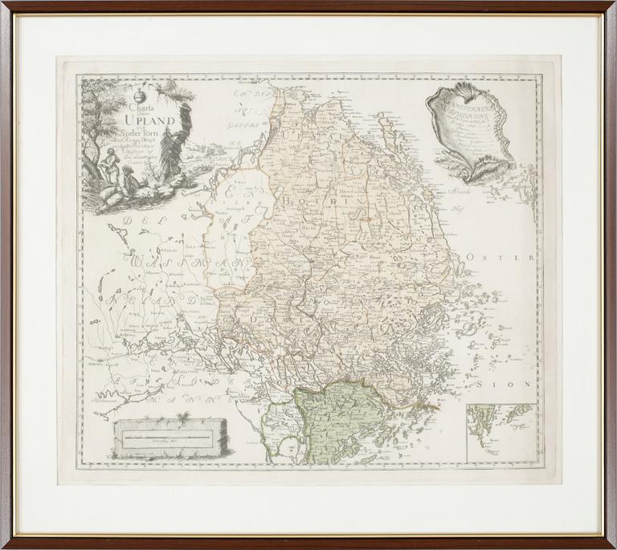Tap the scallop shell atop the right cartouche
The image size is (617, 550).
[451, 96]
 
